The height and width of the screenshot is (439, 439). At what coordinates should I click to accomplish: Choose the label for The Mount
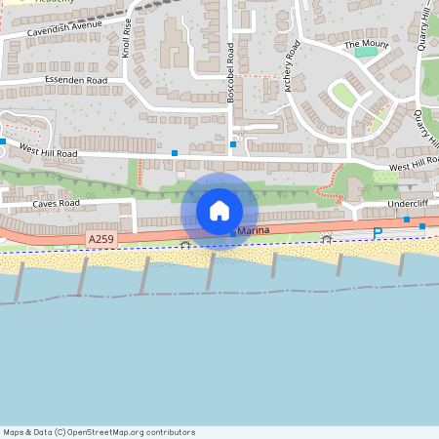click(367, 44)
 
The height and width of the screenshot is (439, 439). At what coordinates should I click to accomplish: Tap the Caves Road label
click(55, 204)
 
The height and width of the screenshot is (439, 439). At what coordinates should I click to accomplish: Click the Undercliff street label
click(408, 204)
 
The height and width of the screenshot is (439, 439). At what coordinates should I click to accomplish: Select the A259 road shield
click(100, 239)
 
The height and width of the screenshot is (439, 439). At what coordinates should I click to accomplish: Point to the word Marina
click(252, 229)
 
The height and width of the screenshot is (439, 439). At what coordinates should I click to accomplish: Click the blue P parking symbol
click(378, 232)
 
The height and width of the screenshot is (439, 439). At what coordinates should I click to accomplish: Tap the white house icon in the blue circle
click(219, 211)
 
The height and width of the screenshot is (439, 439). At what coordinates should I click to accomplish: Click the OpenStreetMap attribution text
click(100, 432)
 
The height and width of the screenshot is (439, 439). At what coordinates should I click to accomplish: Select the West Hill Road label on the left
click(46, 153)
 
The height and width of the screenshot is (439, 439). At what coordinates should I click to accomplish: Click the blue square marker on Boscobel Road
click(233, 144)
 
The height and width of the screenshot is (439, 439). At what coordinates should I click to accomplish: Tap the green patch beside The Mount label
click(367, 52)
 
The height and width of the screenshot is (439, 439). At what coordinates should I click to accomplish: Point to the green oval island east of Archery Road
click(343, 94)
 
